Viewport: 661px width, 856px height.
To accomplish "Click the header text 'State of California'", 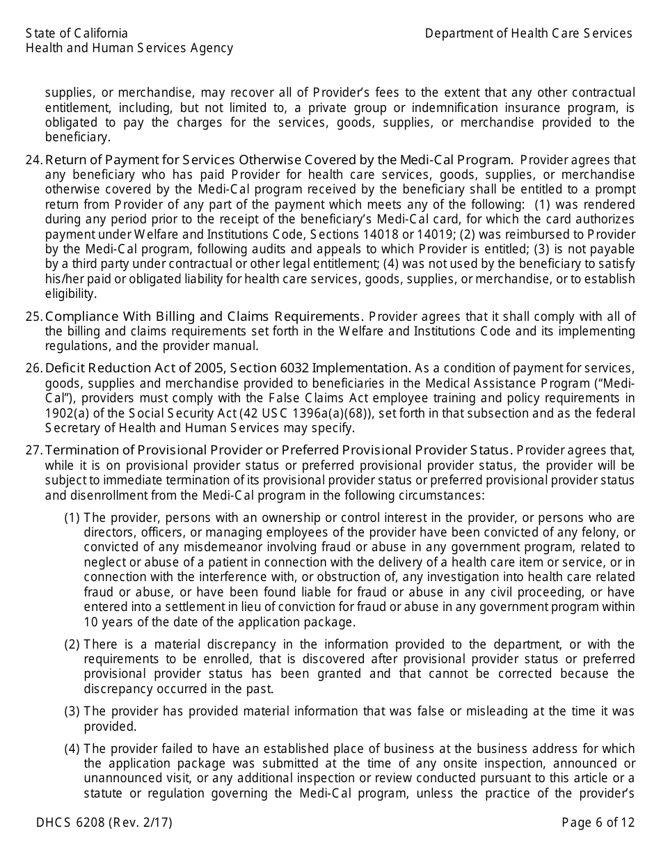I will (x=77, y=33).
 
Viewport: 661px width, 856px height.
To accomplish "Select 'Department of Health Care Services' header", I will (x=528, y=33).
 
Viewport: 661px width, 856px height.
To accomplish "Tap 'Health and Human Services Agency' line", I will (x=129, y=48).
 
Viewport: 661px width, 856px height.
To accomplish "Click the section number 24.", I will (x=33, y=160).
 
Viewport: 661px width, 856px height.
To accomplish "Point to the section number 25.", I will (x=33, y=317).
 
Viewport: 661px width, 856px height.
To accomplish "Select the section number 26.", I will (x=33, y=368).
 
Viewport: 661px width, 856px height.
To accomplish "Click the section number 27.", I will (x=33, y=450).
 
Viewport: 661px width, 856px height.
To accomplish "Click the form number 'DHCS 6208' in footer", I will (x=70, y=823).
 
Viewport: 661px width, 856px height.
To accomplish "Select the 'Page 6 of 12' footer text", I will (x=598, y=823).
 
